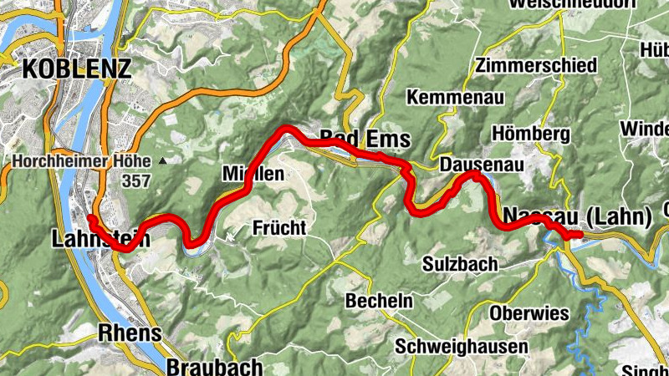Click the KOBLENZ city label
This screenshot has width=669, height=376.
(77, 68)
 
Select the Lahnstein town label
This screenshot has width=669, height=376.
(100, 240)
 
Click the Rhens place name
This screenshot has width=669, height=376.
(130, 333)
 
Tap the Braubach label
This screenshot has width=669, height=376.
(202, 365)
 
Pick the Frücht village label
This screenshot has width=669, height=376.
(279, 227)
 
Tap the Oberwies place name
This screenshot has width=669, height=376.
(529, 313)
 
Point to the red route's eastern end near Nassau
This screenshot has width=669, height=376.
(578, 235)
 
